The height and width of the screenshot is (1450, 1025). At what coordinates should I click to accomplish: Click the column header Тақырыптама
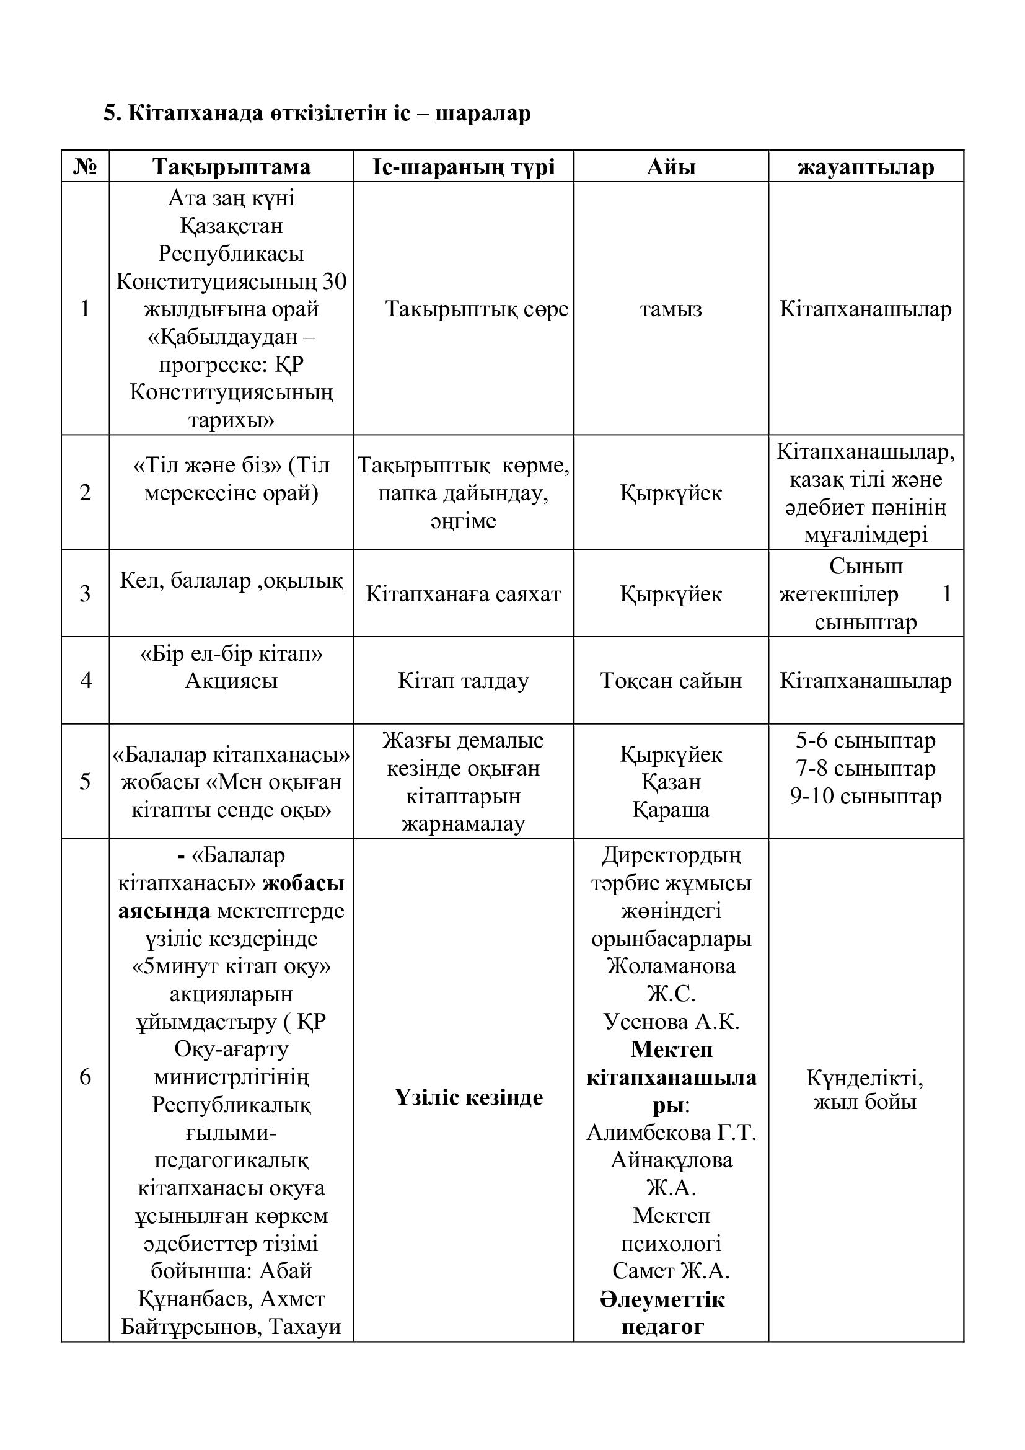(x=231, y=167)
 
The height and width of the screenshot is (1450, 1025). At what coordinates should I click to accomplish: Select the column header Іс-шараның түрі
(x=464, y=167)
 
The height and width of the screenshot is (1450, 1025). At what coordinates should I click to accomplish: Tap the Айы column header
(x=671, y=167)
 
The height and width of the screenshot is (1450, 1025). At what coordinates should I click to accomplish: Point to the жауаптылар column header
(x=865, y=167)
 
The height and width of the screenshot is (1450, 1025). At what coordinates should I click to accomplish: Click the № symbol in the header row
(x=85, y=167)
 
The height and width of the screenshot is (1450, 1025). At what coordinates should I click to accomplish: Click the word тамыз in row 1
(x=671, y=309)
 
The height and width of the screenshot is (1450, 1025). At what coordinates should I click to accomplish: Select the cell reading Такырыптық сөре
(x=477, y=309)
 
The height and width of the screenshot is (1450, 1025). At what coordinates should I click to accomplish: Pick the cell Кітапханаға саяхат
(x=464, y=594)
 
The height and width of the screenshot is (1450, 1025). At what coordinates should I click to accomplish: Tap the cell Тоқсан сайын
(x=671, y=680)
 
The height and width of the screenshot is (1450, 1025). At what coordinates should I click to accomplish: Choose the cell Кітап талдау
(x=464, y=680)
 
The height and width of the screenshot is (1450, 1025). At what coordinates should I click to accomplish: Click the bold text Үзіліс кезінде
(x=469, y=1097)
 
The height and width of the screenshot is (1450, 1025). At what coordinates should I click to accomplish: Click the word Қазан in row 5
(x=671, y=782)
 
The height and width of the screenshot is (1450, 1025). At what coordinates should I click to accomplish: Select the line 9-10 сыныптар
(x=865, y=796)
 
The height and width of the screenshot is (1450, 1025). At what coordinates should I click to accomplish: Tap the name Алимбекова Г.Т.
(x=671, y=1133)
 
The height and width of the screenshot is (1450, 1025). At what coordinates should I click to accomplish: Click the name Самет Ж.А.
(x=671, y=1271)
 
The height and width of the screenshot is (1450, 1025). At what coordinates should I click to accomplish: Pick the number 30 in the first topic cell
(x=334, y=281)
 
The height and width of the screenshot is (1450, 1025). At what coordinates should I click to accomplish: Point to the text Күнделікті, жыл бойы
(x=864, y=1089)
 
